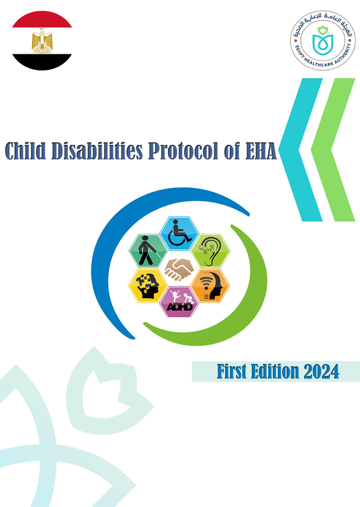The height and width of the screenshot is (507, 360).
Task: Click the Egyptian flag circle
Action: (42, 41)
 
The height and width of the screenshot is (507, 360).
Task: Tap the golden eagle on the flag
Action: (42, 41)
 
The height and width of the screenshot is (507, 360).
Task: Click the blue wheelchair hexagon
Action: (179, 232)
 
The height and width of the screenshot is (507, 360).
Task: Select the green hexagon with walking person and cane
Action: (148, 250)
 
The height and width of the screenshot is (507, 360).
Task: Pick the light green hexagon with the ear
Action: (210, 250)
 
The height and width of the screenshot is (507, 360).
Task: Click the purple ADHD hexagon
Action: (179, 302)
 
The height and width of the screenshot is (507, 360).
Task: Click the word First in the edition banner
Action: (234, 371)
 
